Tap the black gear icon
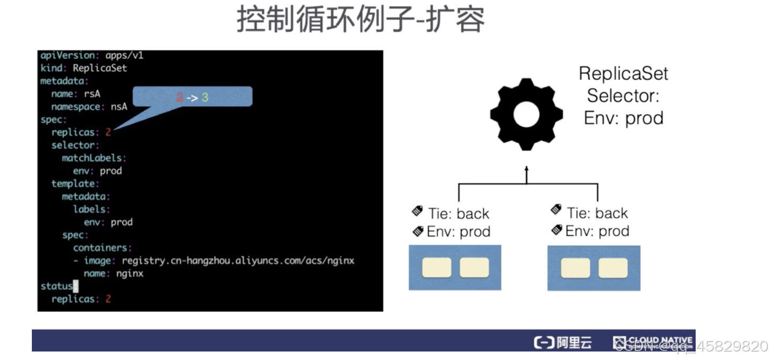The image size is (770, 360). tap(526, 115)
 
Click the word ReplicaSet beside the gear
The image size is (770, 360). tap(623, 73)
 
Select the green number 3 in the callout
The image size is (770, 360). tap(204, 98)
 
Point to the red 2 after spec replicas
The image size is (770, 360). tap(108, 132)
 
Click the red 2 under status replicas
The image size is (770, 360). tap(108, 299)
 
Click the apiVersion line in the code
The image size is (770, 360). tap(92, 55)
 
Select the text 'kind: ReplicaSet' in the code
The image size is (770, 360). tap(84, 68)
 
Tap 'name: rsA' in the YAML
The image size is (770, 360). tap(75, 94)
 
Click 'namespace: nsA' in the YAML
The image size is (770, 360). tap(89, 107)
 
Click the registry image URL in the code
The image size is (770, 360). tap(237, 261)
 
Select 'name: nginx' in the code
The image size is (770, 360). tap(114, 273)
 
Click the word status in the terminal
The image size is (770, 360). tap(56, 286)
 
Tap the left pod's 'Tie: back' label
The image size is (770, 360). tap(458, 213)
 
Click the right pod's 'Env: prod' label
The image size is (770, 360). tap(597, 231)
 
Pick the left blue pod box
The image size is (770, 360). tap(455, 268)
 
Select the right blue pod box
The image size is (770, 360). tap(594, 268)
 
